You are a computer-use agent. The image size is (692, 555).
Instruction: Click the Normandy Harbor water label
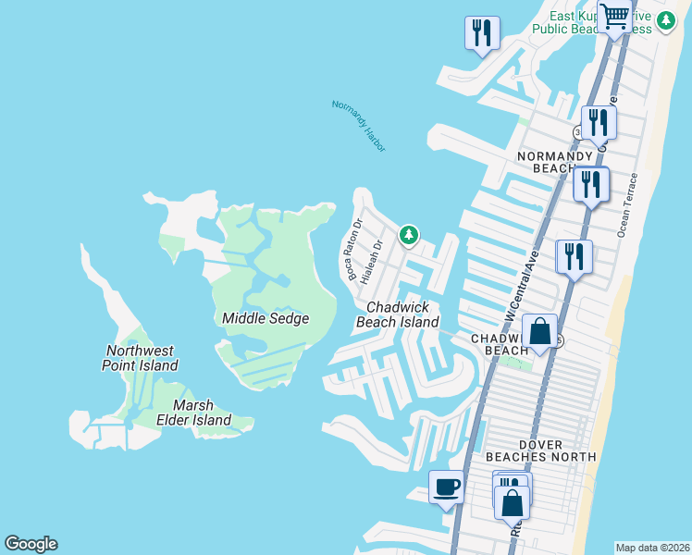tap(358, 126)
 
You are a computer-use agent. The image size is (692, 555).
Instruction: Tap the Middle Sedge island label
tap(265, 318)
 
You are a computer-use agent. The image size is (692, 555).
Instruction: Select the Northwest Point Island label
tap(140, 358)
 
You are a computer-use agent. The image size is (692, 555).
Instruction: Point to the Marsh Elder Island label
tap(201, 413)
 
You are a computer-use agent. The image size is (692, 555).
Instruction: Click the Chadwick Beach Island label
tap(398, 314)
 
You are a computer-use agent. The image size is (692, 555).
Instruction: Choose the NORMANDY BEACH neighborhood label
tap(554, 163)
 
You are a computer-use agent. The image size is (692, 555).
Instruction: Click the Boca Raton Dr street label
tap(351, 250)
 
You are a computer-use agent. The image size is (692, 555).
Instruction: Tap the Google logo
tap(31, 544)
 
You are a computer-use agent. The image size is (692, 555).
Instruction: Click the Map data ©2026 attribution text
tap(652, 547)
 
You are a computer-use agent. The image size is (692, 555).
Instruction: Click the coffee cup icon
tap(446, 487)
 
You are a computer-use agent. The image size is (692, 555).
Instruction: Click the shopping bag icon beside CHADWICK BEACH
tap(538, 330)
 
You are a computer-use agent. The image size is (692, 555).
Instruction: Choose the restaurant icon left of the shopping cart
tap(481, 33)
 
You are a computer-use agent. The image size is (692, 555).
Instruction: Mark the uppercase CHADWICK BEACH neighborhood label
tap(500, 345)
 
